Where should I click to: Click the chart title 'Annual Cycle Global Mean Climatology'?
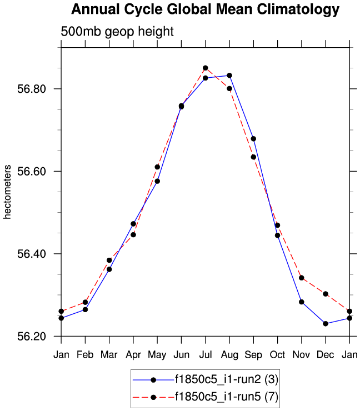pos(205,9)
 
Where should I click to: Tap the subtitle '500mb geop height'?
pos(117,32)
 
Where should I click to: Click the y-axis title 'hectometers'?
pos(8,192)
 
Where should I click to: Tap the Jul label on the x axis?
pos(205,355)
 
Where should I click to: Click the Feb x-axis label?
pos(85,355)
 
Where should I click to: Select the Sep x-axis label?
pos(253,355)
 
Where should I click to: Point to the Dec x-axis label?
pos(326,355)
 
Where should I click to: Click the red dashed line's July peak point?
pos(205,68)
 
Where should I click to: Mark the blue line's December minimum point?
pos(326,324)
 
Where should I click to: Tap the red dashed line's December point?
pos(326,294)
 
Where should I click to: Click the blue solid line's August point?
pos(229,76)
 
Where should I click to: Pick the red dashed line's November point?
pos(302,278)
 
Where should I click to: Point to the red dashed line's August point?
pos(229,88)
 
